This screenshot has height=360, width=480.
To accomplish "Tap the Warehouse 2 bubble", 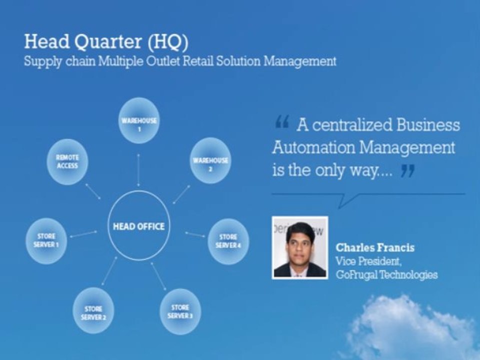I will (210, 160).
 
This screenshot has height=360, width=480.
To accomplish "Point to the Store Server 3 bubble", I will (180, 311).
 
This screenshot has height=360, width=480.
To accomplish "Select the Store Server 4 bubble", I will (228, 240).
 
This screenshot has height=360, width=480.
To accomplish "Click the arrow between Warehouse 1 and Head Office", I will (138, 169).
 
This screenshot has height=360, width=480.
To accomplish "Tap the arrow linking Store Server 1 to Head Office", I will (83, 233).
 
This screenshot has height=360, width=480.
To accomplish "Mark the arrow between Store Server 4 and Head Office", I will (195, 234).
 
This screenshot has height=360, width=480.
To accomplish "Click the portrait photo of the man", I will (300, 247).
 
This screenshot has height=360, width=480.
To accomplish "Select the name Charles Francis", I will (375, 248).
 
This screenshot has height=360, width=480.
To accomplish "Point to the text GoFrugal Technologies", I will (386, 274).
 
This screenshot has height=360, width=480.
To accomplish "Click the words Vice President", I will (368, 261).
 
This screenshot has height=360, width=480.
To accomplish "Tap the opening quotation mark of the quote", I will (281, 121).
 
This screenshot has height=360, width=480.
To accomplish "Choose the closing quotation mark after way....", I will (407, 171).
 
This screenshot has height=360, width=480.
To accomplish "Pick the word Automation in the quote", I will (313, 147).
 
